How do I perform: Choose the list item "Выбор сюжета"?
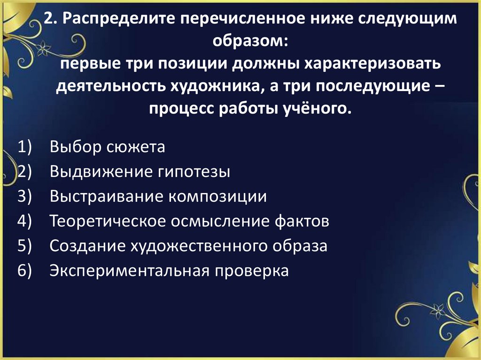pyautogui.click(x=107, y=147)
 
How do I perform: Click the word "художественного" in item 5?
pyautogui.click(x=191, y=246)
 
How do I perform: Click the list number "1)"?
pyautogui.click(x=24, y=147)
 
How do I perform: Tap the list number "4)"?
pyautogui.click(x=24, y=221)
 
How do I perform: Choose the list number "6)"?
pyautogui.click(x=24, y=271)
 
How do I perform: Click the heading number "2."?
pyautogui.click(x=50, y=19)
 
